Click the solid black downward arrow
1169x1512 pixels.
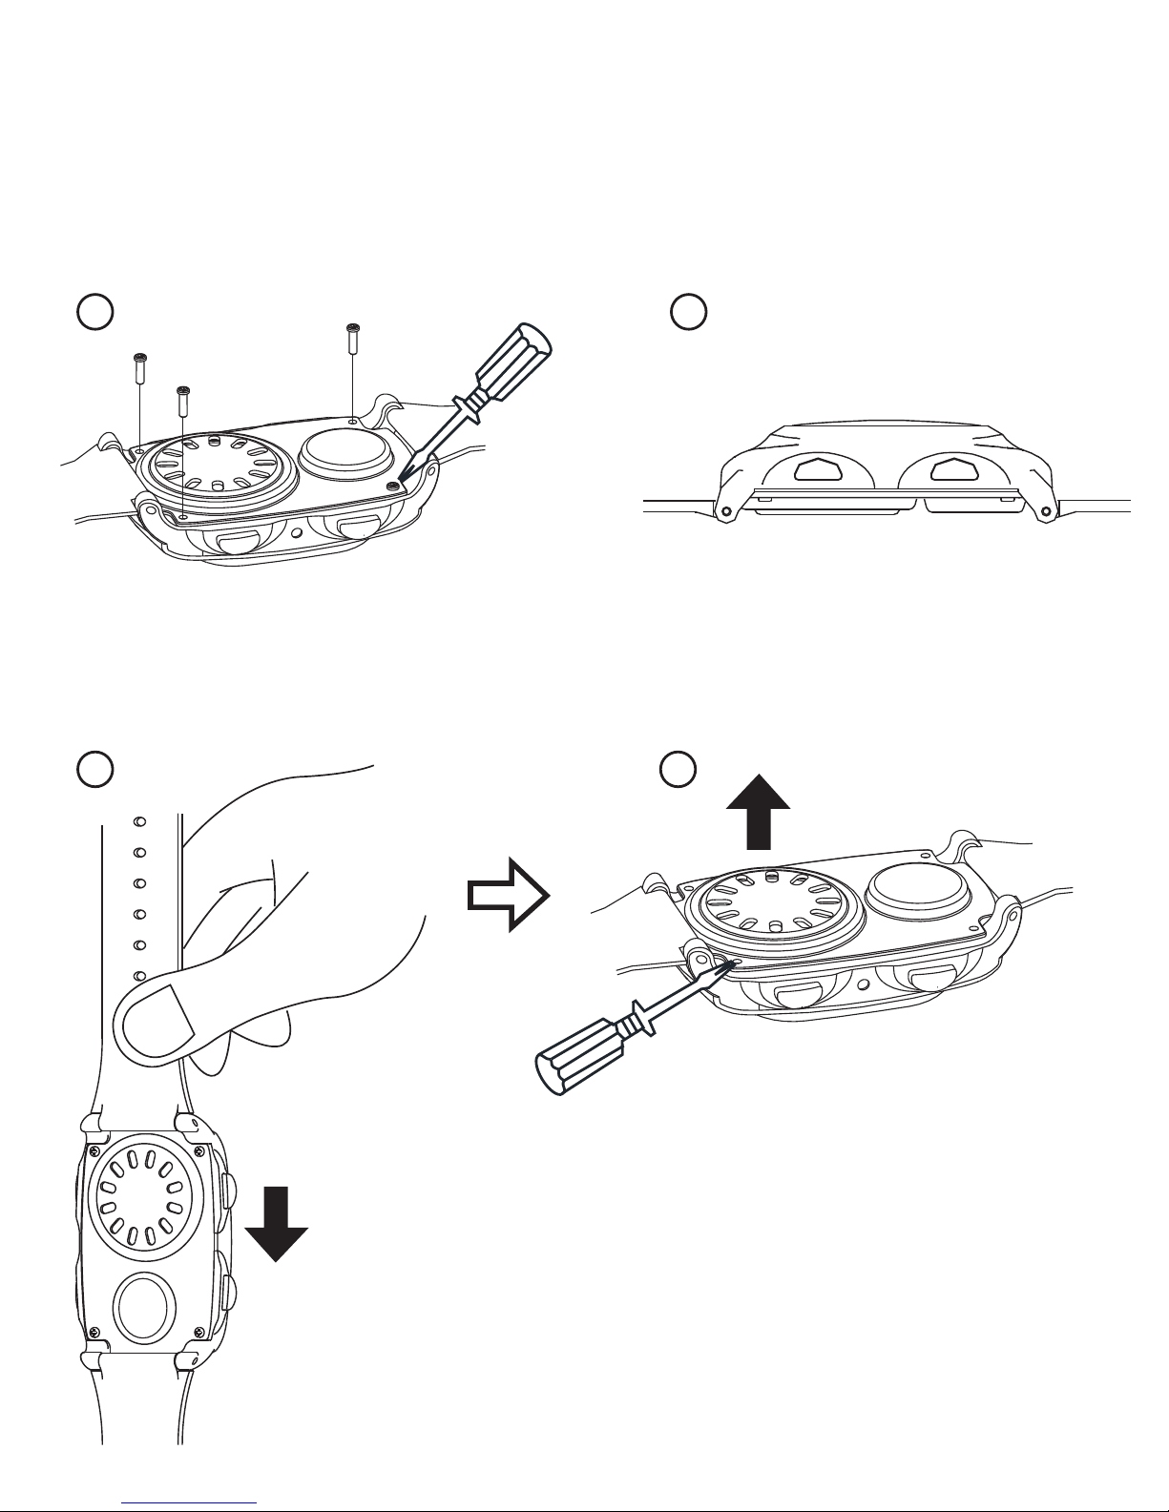(277, 1225)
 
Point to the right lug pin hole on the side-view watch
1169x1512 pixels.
(1047, 509)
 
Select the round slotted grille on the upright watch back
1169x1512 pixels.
(144, 1199)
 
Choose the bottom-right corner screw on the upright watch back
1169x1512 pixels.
(198, 1332)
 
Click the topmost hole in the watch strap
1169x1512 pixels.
(138, 820)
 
